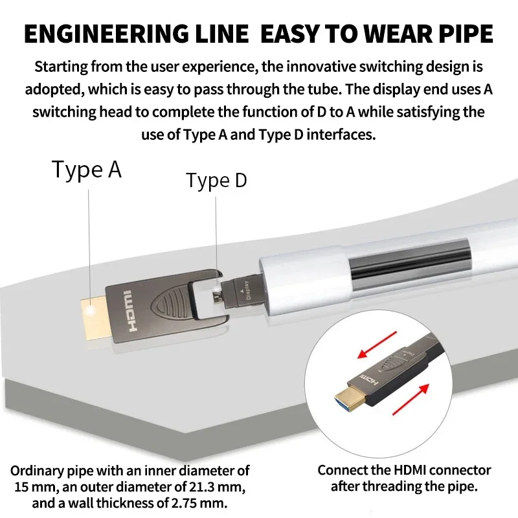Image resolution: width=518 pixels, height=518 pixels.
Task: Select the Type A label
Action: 87,170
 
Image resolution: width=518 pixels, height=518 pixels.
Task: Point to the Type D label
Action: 216,181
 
